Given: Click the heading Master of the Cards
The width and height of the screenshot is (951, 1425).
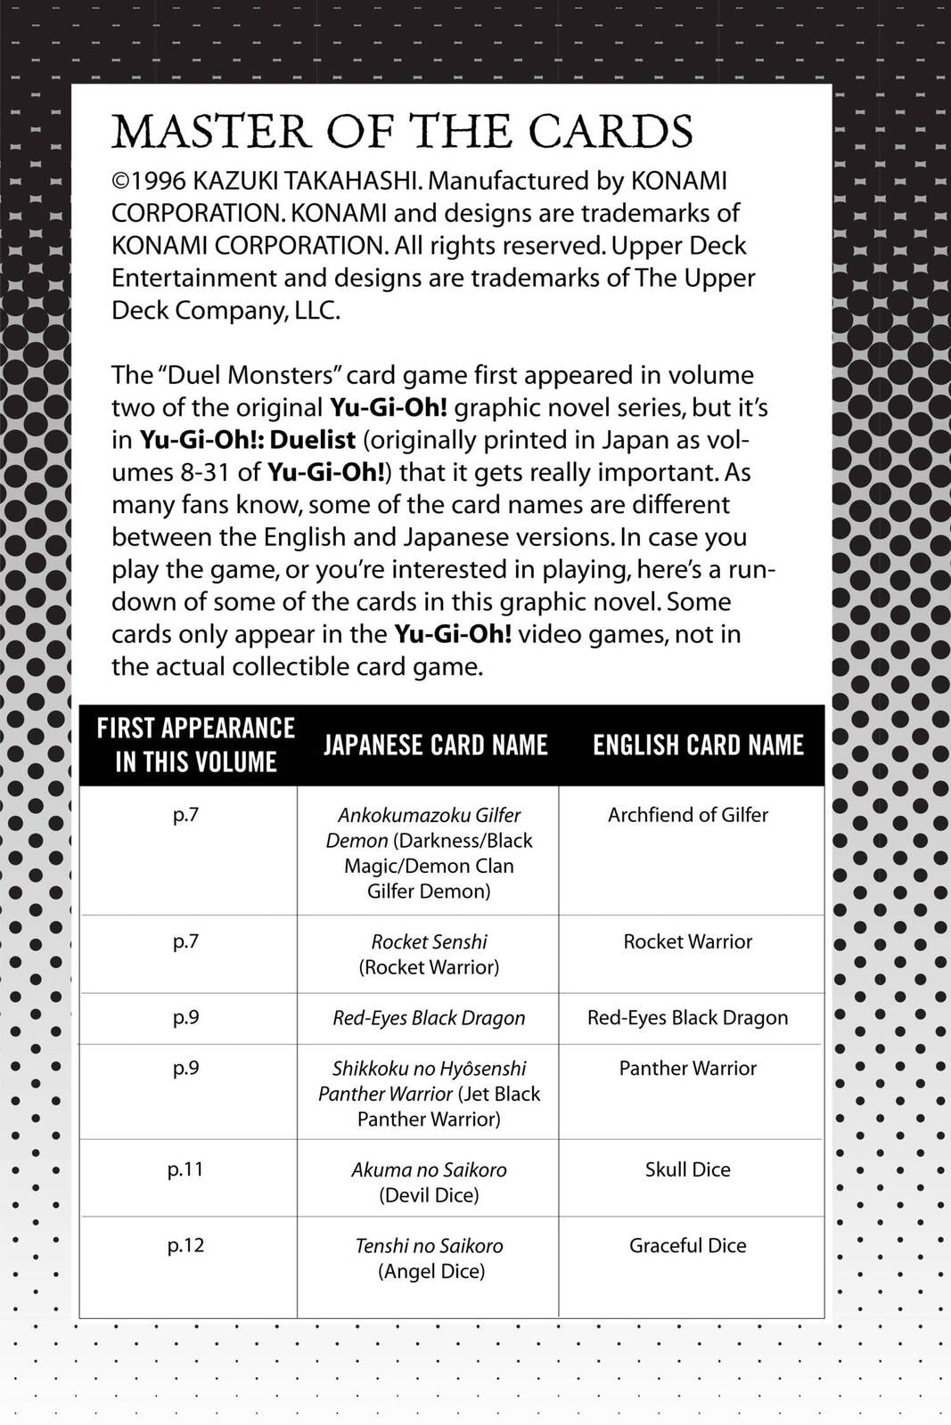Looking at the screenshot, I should click(x=402, y=133).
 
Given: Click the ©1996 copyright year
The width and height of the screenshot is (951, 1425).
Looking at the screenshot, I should click(x=149, y=181).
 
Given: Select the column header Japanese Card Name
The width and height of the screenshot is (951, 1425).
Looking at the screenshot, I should click(x=435, y=745).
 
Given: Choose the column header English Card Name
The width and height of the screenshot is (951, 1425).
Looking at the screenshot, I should click(x=698, y=745).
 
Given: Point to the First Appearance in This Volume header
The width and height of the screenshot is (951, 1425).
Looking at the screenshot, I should click(x=196, y=745).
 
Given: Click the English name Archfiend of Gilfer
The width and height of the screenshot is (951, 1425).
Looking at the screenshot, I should click(x=687, y=815).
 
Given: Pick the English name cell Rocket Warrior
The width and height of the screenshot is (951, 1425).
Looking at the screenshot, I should click(x=687, y=941).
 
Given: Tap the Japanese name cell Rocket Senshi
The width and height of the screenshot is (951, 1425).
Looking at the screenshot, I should click(x=429, y=941).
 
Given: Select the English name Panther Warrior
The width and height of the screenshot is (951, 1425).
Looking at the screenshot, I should click(x=687, y=1068).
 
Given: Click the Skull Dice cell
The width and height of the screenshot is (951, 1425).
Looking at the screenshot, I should click(x=687, y=1169).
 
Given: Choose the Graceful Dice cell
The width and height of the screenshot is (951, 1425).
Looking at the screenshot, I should click(x=687, y=1245).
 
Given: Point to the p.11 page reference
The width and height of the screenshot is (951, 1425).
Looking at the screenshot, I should click(x=185, y=1169).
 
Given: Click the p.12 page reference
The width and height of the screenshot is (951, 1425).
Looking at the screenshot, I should click(x=185, y=1245).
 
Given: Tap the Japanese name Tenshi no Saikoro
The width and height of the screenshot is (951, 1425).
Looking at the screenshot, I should click(x=429, y=1246).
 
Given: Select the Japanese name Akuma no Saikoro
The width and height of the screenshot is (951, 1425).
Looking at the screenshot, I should click(x=429, y=1169).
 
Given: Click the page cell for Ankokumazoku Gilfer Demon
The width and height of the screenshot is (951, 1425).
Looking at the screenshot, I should click(x=185, y=815).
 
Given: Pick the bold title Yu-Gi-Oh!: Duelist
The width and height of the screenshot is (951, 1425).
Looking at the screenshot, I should click(x=248, y=440).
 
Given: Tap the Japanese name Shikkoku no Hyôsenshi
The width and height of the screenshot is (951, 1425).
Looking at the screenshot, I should click(x=429, y=1068).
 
